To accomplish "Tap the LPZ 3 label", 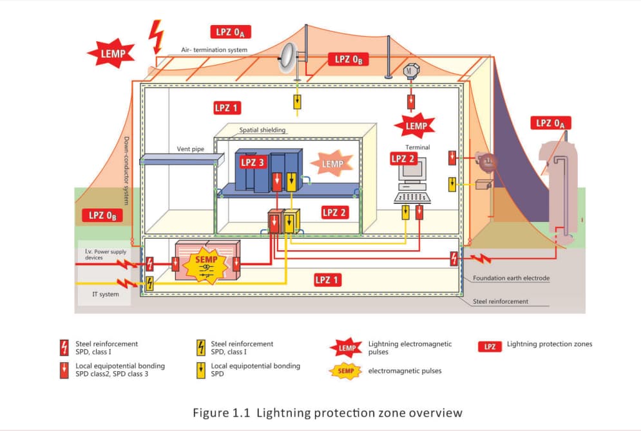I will click(x=253, y=162).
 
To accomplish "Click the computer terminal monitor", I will click(x=410, y=170).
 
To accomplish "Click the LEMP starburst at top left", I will click(x=111, y=53).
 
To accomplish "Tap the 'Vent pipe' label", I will click(x=190, y=149).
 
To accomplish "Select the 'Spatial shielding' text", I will click(x=262, y=130).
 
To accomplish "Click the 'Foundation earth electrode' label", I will click(x=510, y=279).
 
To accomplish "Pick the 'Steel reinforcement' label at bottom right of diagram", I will click(x=500, y=301).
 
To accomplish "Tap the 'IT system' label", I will click(x=102, y=294).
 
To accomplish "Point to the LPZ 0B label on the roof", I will click(x=351, y=59).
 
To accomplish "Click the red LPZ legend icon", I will click(x=490, y=346).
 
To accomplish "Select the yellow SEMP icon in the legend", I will click(x=346, y=371).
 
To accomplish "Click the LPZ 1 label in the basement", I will click(x=327, y=280).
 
